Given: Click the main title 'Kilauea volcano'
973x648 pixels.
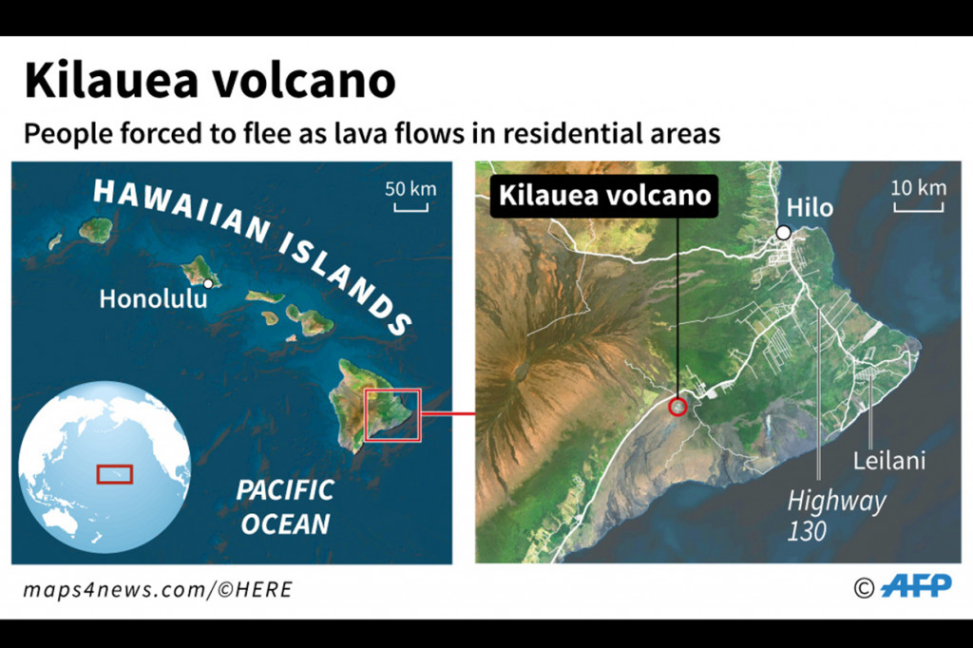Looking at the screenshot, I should [x=209, y=82].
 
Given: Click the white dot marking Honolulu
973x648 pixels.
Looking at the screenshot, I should [x=208, y=283].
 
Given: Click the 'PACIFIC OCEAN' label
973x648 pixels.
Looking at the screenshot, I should [x=285, y=506].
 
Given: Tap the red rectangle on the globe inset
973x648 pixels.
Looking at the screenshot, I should [x=114, y=473].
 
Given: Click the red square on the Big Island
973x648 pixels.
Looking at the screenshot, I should [x=392, y=415].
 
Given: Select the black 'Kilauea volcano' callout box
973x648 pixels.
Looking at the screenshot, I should [x=604, y=196].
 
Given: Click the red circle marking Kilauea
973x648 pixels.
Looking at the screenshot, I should [x=677, y=407].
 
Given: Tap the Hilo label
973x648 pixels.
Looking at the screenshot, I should [x=810, y=208].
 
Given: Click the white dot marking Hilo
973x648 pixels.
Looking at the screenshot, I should [x=783, y=233].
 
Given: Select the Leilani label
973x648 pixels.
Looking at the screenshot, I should [x=887, y=461].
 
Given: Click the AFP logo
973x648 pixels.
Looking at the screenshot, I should [x=916, y=586].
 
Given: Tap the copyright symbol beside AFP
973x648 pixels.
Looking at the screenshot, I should [x=863, y=588].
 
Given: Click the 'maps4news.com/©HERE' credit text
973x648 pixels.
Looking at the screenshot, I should [x=158, y=590].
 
